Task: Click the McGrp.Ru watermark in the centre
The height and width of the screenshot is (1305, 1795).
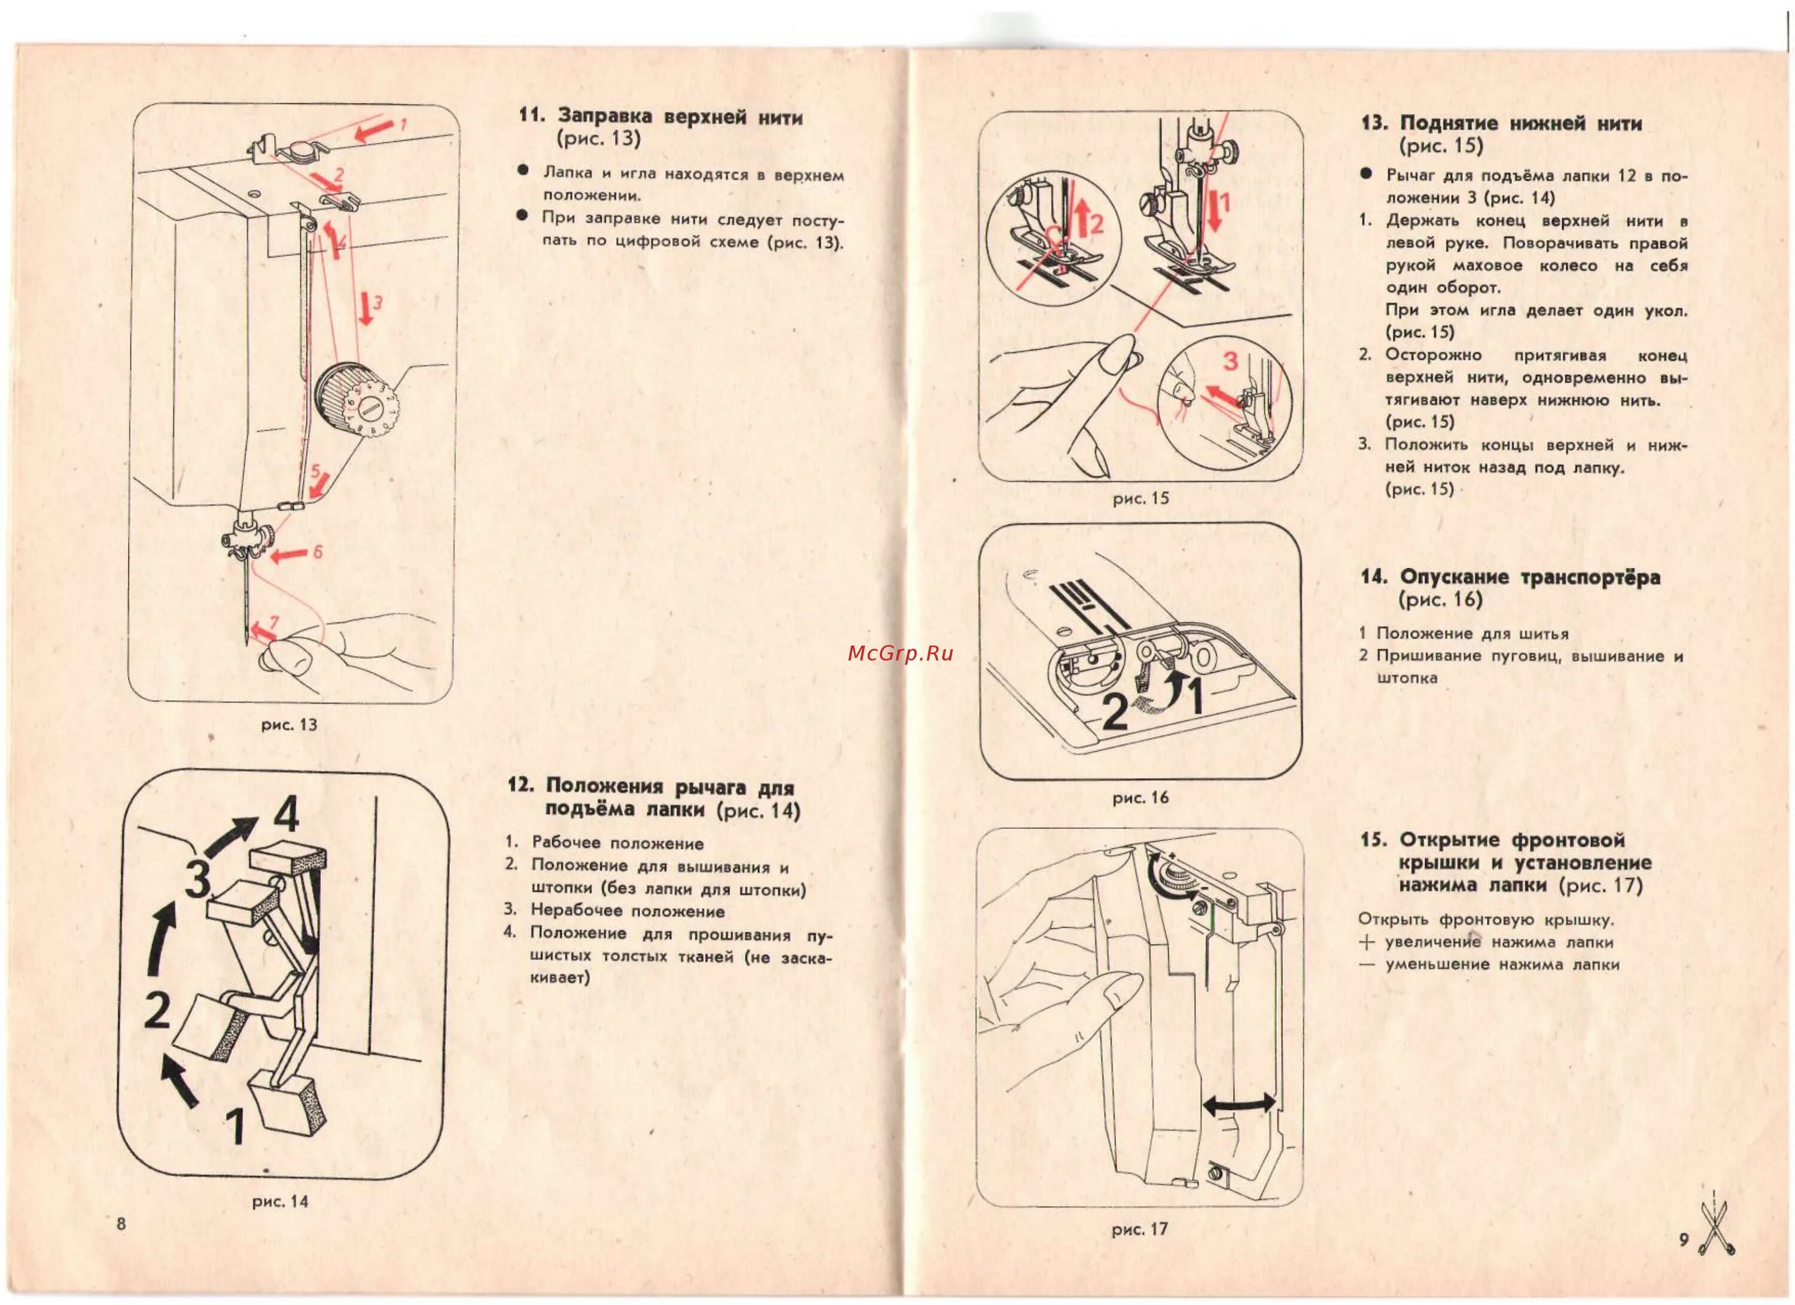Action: pyautogui.click(x=900, y=653)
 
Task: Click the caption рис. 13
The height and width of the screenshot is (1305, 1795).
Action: pyautogui.click(x=289, y=724)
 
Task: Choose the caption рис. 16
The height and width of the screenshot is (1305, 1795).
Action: pyautogui.click(x=1140, y=798)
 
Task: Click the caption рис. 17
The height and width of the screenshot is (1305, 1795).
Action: pyautogui.click(x=1140, y=1229)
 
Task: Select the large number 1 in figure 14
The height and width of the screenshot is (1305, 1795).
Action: pyautogui.click(x=235, y=1126)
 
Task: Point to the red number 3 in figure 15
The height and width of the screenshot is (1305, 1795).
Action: pyautogui.click(x=1230, y=361)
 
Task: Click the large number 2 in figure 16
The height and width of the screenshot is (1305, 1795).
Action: pyautogui.click(x=1115, y=711)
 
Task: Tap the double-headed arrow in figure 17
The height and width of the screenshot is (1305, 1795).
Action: pyautogui.click(x=1239, y=1103)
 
